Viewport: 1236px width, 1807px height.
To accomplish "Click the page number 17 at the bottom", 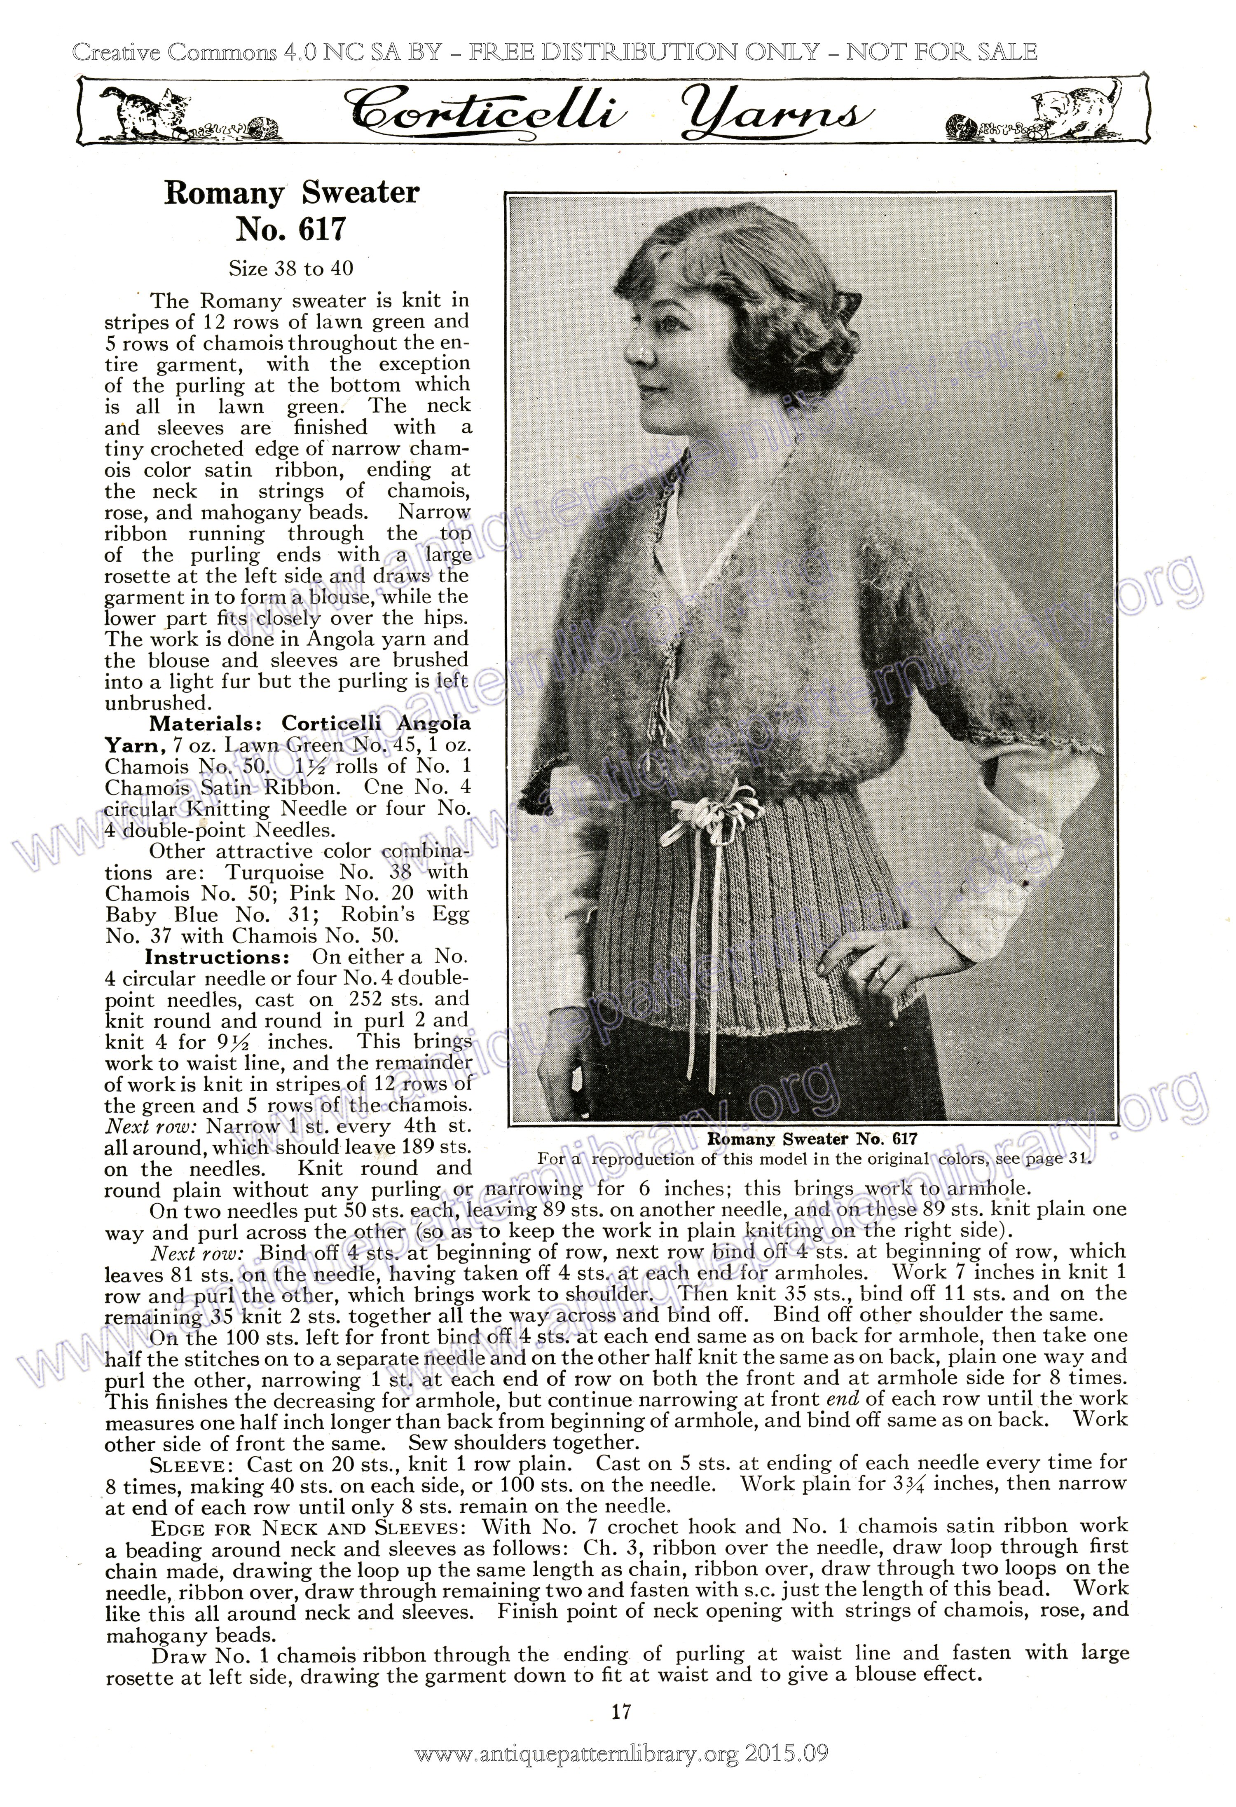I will click(x=620, y=1711).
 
